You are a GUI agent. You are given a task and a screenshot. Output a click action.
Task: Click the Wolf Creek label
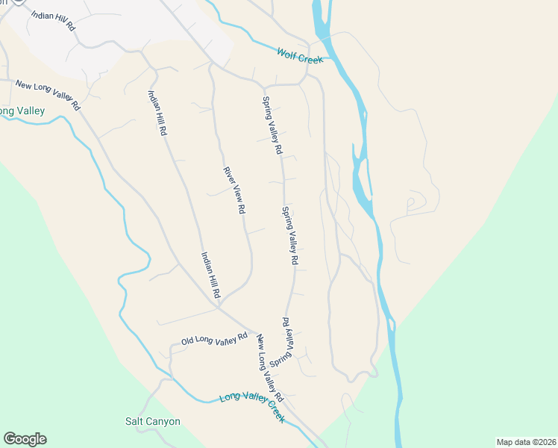[300, 56]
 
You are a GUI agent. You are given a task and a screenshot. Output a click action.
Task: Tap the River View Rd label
[234, 190]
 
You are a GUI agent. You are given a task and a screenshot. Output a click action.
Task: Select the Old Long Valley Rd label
[214, 339]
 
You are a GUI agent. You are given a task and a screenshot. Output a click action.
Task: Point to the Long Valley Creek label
[252, 408]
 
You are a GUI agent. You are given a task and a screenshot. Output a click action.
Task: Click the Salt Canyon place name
[152, 421]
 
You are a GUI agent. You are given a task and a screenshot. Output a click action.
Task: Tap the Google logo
[25, 439]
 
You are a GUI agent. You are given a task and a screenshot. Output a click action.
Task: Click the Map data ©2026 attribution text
[527, 441]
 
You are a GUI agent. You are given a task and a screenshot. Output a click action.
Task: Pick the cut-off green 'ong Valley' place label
[22, 111]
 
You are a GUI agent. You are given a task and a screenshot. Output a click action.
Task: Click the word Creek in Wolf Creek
[311, 58]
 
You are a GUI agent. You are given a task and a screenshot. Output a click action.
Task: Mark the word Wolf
[287, 53]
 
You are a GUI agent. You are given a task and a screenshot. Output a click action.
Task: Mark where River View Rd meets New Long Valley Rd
[218, 305]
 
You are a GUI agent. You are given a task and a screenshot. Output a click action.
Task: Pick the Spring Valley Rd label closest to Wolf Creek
[272, 125]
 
